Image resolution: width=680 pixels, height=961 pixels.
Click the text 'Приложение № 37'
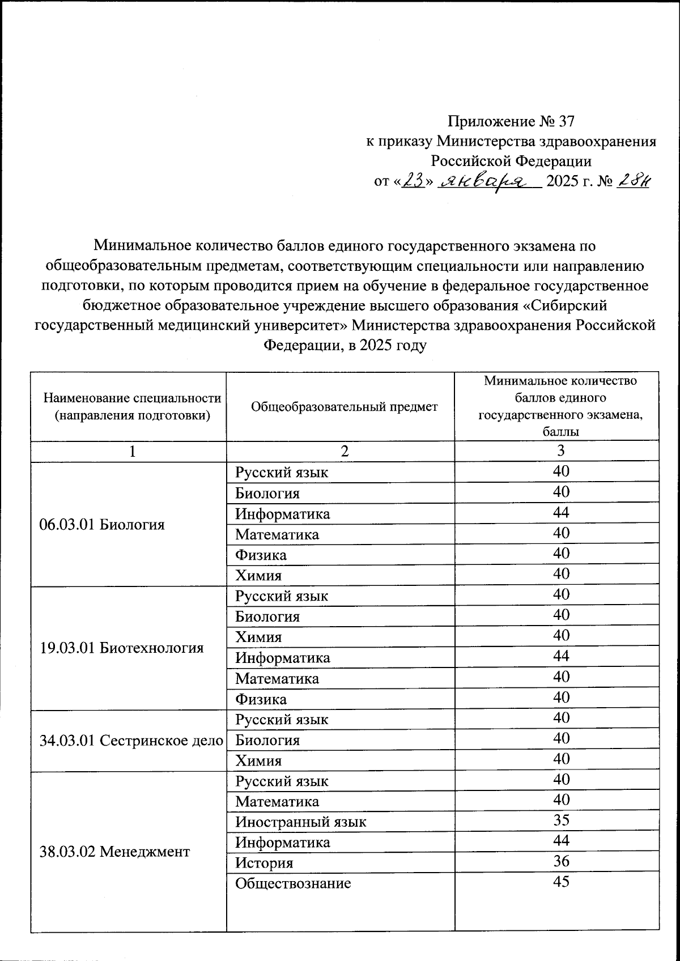(x=511, y=121)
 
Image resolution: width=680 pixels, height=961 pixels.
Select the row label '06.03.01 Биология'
(x=102, y=524)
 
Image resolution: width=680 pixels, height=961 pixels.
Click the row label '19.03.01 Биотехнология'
(x=122, y=648)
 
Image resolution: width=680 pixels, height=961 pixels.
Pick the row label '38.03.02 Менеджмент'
(x=114, y=851)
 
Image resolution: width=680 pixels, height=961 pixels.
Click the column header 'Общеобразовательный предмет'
(x=344, y=406)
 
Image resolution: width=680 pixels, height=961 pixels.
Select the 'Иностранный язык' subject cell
(x=301, y=822)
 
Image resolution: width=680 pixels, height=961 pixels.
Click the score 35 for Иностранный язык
(x=561, y=820)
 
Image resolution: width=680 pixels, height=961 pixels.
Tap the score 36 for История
(x=561, y=861)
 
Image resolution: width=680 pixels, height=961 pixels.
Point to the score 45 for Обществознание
(x=561, y=882)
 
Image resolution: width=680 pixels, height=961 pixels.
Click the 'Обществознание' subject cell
(x=293, y=883)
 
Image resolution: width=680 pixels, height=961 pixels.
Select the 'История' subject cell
(x=264, y=863)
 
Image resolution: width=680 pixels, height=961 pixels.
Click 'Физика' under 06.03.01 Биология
(x=261, y=555)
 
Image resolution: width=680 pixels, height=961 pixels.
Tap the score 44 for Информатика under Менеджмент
(x=561, y=840)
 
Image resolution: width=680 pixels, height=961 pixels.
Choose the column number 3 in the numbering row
(x=560, y=451)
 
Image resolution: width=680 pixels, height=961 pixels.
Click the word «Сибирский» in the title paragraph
(x=564, y=305)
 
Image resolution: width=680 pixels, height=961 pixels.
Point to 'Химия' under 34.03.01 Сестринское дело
(x=258, y=760)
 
